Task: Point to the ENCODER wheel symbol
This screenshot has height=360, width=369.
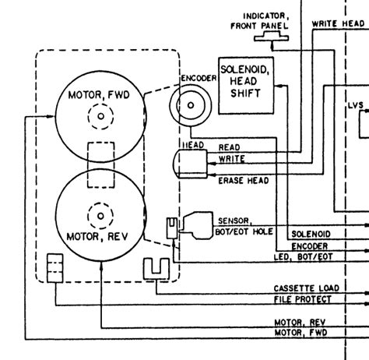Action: point(190,105)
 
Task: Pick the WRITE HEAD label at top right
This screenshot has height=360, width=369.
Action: point(339,24)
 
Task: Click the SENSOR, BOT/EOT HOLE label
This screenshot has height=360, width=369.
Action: point(244,226)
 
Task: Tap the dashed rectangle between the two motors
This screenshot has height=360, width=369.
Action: point(100,164)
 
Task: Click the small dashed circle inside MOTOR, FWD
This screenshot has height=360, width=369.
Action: point(100,117)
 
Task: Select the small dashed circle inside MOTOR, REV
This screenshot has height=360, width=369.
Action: point(100,213)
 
